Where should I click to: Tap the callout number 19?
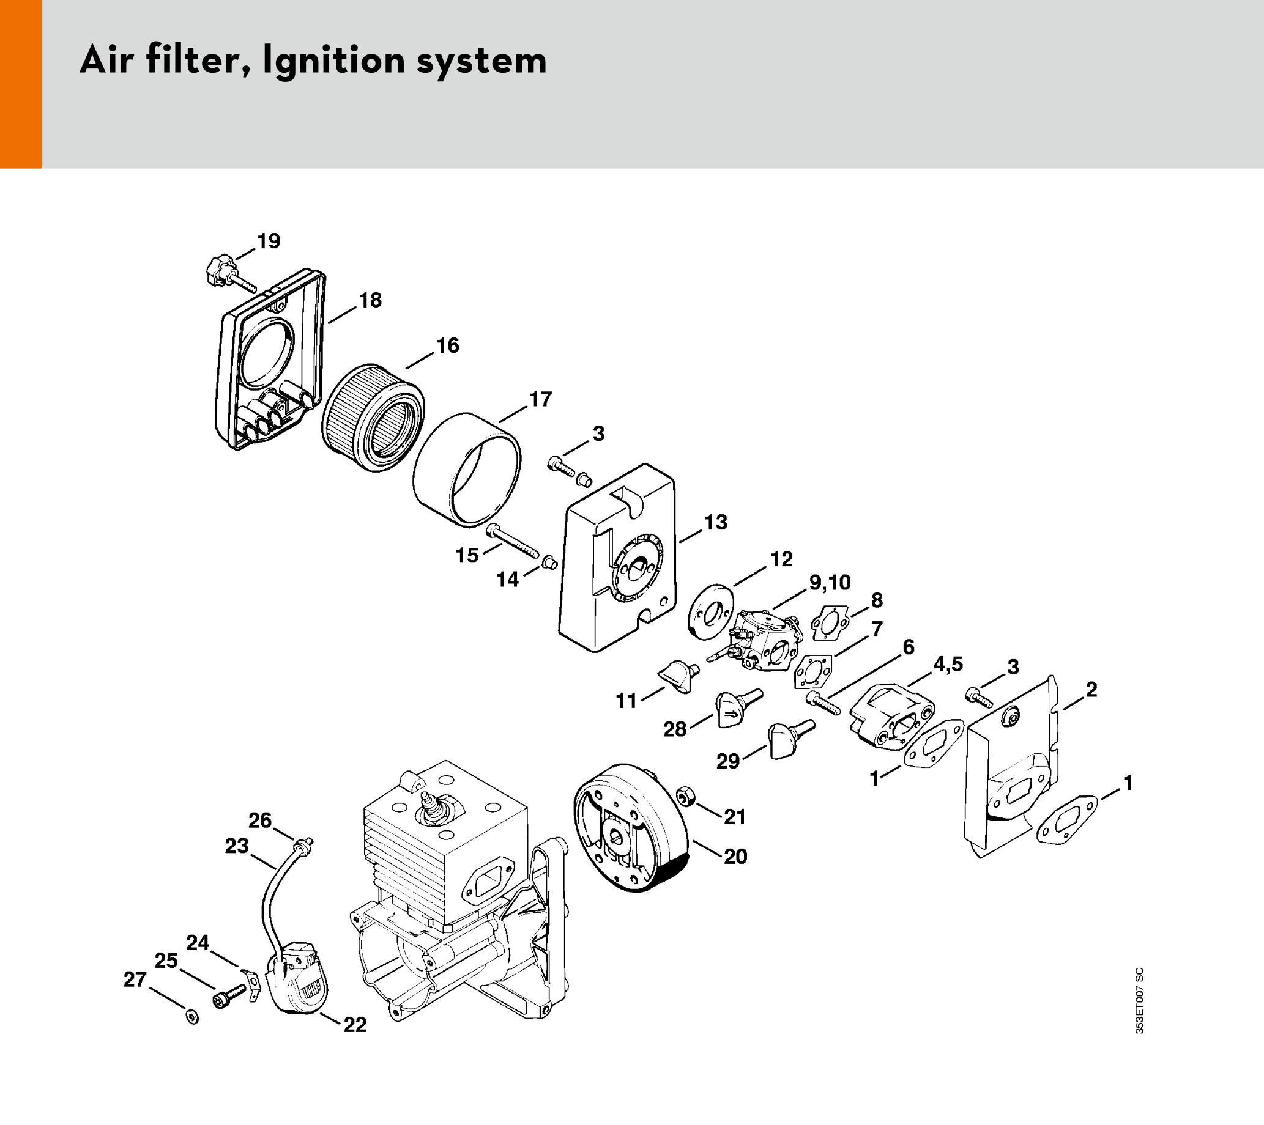[x=269, y=241]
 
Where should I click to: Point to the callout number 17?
[x=540, y=399]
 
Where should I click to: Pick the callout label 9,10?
[x=830, y=582]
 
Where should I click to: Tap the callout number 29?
[x=728, y=761]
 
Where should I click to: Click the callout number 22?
[x=355, y=1025]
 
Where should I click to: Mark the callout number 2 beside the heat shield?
[x=1091, y=689]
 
